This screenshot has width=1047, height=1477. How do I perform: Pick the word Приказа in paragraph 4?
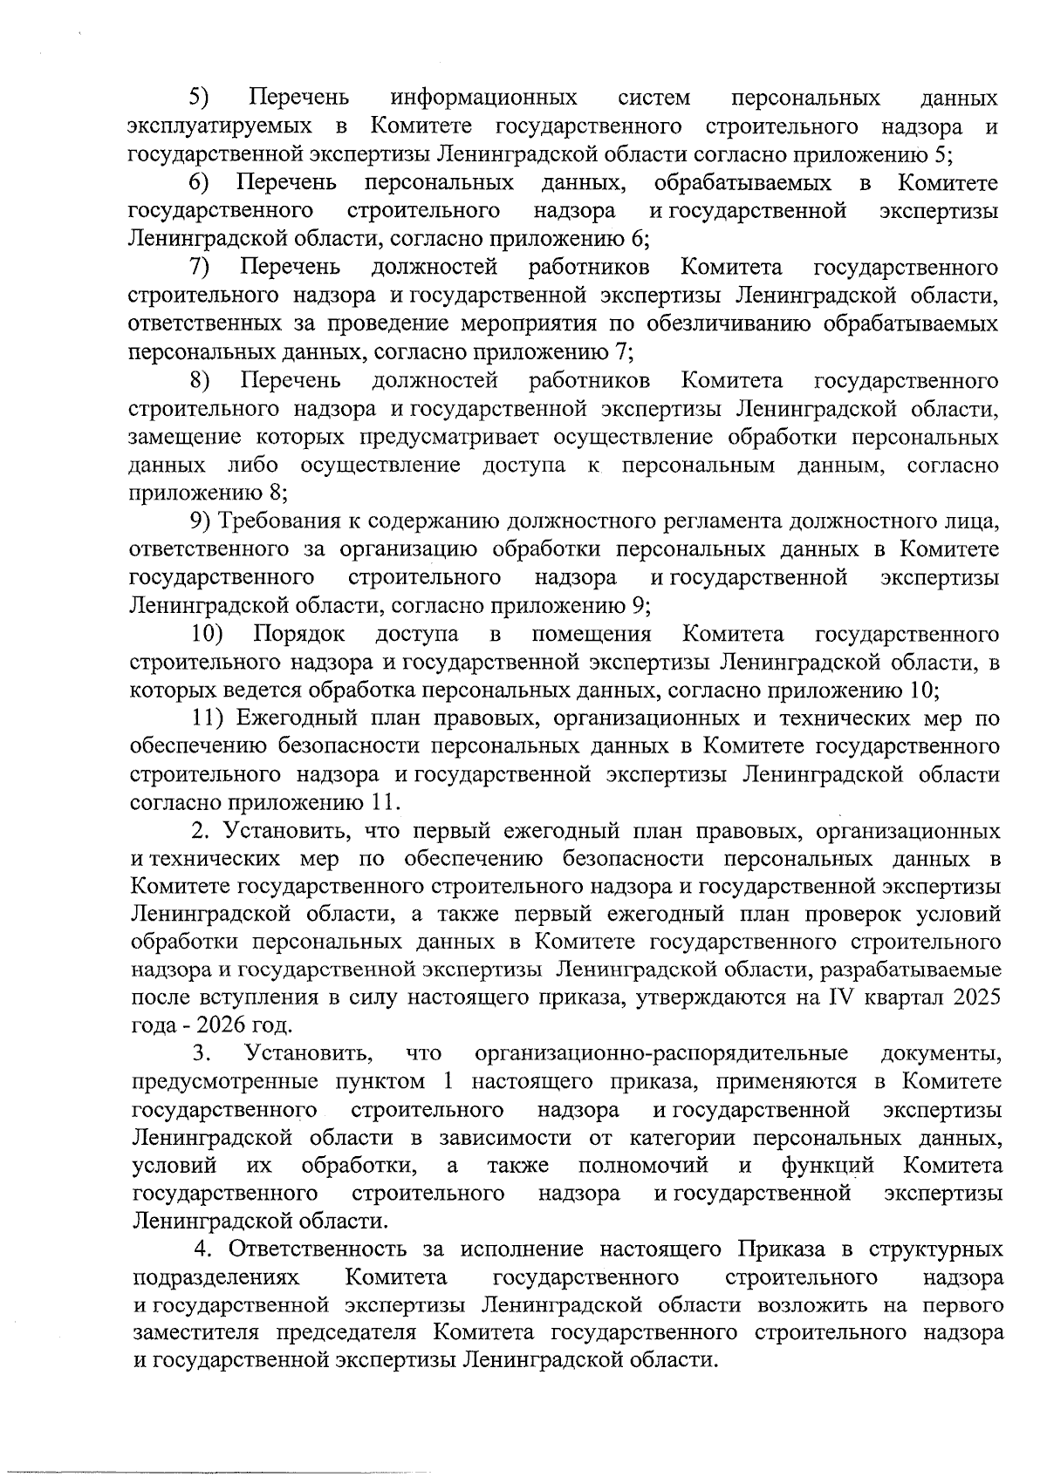pos(780,1249)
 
